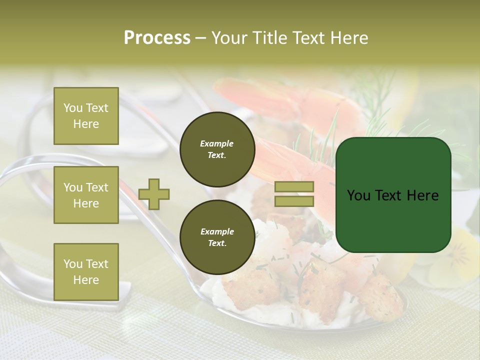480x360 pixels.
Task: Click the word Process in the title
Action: coord(157,38)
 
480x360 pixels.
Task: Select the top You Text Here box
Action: coord(86,116)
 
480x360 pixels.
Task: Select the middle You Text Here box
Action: coord(86,195)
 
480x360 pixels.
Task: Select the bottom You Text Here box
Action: coord(86,271)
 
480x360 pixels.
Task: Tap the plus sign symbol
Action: coord(154,194)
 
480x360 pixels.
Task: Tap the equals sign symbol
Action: coord(294,194)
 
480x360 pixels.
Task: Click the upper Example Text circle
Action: coord(217,149)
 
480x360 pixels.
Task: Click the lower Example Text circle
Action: coord(217,237)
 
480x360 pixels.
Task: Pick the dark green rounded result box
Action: coord(393,194)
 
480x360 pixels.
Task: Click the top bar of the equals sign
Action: coord(294,187)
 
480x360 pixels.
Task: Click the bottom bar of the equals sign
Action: coord(294,201)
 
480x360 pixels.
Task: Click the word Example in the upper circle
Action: coord(217,143)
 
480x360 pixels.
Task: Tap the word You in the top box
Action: coord(73,108)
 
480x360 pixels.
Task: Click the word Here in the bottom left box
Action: coord(86,280)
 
